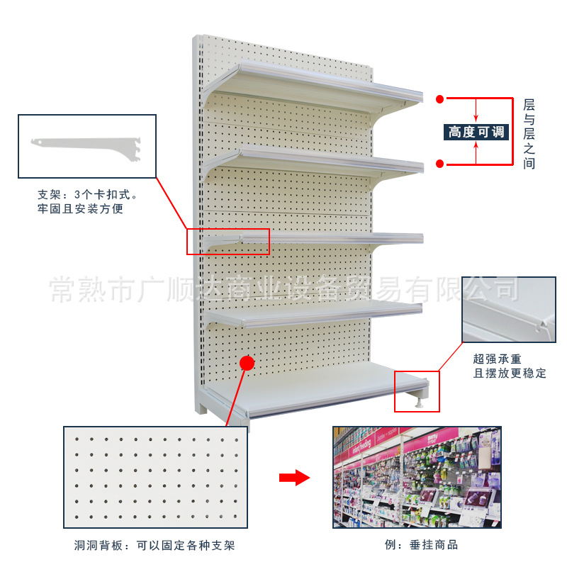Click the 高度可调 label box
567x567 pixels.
click(476, 131)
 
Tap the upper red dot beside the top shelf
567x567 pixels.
click(439, 99)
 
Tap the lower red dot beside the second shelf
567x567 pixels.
click(439, 164)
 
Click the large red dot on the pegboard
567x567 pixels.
click(247, 363)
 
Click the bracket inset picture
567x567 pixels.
click(86, 146)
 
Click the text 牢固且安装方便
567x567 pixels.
click(80, 209)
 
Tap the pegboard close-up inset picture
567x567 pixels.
click(156, 477)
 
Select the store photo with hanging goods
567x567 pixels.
click(417, 477)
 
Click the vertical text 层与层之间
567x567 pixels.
click(528, 133)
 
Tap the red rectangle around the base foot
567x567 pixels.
click(417, 391)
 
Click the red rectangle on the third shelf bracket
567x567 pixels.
click(228, 241)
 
